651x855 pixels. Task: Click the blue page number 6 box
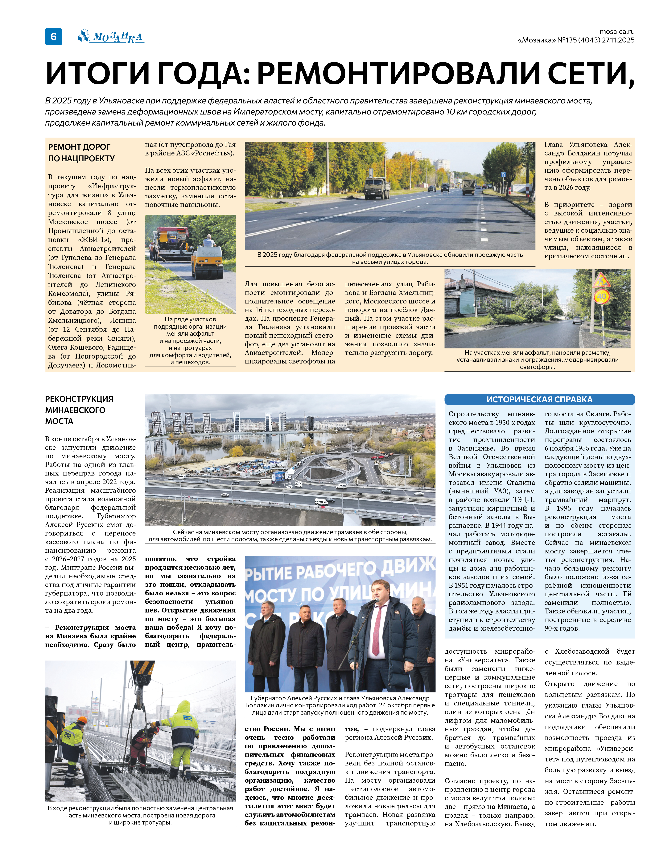click(x=53, y=37)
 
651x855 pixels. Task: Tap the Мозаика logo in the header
click(x=112, y=37)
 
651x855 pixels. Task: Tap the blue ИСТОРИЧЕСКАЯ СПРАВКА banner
click(x=539, y=399)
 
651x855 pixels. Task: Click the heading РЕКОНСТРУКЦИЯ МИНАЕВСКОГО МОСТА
click(x=79, y=410)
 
